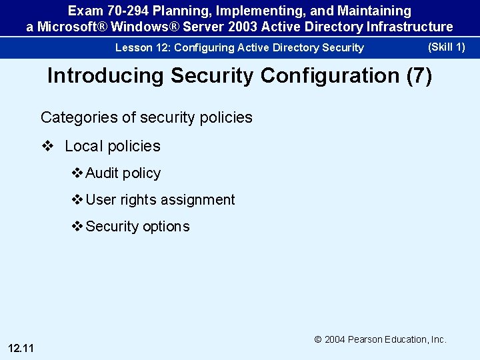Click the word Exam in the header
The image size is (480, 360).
(x=84, y=11)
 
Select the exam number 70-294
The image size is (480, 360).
(x=126, y=11)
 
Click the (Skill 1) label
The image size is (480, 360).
(x=446, y=47)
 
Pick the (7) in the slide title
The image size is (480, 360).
(x=419, y=76)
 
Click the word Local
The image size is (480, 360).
(x=83, y=146)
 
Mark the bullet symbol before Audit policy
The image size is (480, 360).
(x=77, y=173)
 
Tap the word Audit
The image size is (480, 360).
(x=102, y=173)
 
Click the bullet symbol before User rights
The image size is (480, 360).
(x=77, y=200)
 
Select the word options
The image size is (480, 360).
(x=166, y=227)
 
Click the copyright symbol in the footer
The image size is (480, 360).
(x=319, y=339)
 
